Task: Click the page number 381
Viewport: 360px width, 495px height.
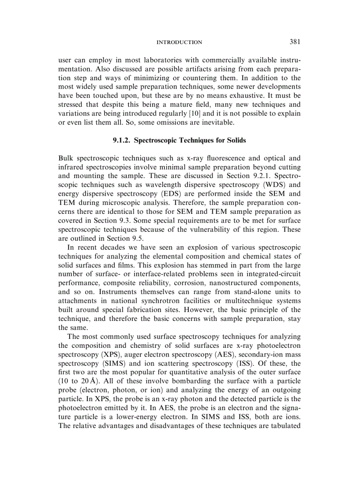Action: point(295,42)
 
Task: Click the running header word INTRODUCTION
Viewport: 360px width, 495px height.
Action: point(179,42)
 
